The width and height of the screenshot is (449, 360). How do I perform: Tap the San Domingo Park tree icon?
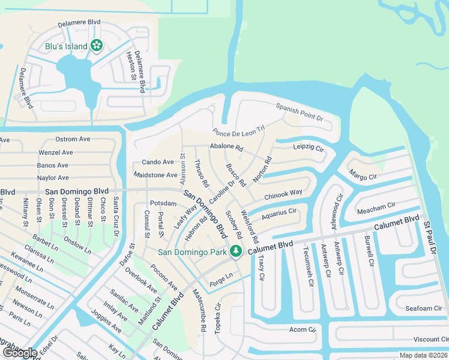237,252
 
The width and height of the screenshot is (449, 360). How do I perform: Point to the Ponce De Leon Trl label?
238,131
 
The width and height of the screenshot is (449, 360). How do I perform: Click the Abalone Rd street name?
226,147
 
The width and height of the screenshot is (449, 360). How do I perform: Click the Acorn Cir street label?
303,329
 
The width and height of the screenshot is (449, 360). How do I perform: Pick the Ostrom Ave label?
73,139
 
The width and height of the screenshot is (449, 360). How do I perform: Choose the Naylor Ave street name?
53,178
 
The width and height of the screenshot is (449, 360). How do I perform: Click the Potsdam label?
163,203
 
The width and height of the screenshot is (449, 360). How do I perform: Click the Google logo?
19,353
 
